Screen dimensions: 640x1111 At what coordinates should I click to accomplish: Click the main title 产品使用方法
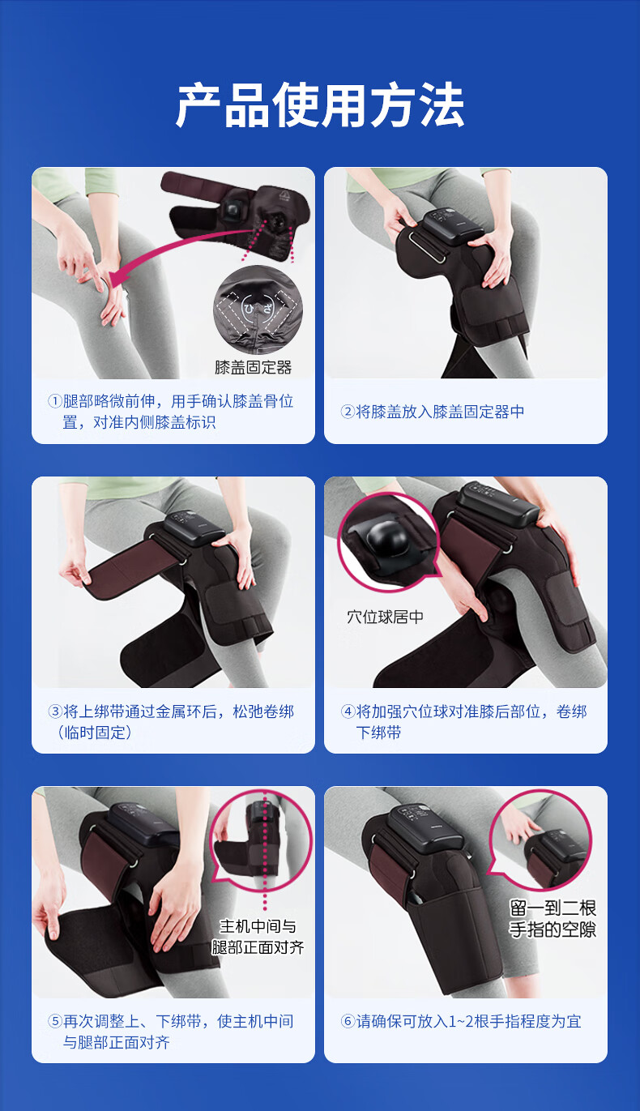tap(320, 105)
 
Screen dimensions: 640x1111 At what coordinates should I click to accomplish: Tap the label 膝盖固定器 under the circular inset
tap(254, 367)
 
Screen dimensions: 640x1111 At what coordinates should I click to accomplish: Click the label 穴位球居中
tap(385, 617)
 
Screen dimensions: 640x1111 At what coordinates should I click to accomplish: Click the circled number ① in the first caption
tap(54, 401)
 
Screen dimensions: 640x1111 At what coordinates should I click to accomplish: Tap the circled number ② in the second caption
tap(348, 412)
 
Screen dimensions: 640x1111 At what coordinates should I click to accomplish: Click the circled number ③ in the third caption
tap(54, 711)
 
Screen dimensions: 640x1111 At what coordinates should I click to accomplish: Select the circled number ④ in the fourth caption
tap(348, 711)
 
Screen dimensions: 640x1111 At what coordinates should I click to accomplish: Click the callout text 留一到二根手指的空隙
tap(553, 919)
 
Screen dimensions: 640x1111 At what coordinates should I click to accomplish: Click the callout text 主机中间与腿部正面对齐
tap(258, 937)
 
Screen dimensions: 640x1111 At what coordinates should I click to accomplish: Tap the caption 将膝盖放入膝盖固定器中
tap(440, 412)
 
